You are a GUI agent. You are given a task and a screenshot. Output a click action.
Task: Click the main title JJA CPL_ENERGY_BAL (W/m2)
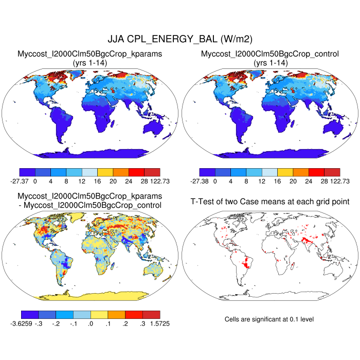tap(179, 39)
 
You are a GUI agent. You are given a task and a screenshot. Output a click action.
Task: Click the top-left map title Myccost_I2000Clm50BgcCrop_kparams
tap(90, 53)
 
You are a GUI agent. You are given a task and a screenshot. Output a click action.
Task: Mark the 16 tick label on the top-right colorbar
tap(278, 181)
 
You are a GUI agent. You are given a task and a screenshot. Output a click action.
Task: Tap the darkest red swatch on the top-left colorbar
tap(152, 172)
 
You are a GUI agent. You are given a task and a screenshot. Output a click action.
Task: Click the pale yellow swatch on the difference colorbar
tap(99, 314)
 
